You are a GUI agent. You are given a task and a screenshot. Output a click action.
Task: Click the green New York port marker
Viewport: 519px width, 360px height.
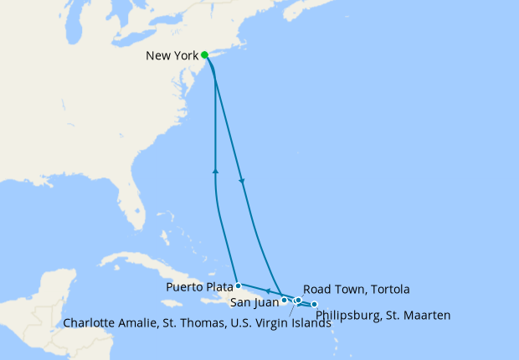pos(205,55)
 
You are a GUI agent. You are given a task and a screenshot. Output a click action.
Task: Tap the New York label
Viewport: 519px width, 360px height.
pos(172,56)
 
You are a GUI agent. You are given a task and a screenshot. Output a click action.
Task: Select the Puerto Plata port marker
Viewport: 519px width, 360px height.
pos(239,285)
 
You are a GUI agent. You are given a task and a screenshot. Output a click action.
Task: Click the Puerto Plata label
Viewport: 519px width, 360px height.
pos(198,286)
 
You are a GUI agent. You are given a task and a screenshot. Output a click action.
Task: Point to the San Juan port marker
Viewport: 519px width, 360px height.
pos(285,300)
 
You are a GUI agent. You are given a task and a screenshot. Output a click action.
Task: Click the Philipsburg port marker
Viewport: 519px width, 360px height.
pos(315,304)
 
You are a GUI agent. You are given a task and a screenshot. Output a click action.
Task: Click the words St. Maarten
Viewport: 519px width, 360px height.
pos(422,316)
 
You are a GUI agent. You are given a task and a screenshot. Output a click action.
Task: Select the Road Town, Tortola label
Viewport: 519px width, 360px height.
pos(356,289)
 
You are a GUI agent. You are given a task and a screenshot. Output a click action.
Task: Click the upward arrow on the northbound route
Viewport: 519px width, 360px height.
pos(216,171)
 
